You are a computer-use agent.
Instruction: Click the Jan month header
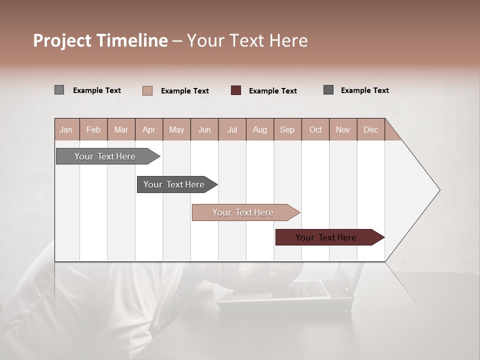[66, 129]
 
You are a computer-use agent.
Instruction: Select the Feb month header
[93, 129]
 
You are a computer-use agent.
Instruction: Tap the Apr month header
[148, 129]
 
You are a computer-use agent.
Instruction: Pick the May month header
[176, 129]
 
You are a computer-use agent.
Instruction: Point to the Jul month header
[232, 129]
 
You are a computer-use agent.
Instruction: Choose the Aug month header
[259, 129]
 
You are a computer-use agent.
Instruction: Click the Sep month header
[287, 129]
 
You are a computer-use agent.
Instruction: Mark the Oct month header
[315, 129]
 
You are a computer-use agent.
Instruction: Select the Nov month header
[342, 129]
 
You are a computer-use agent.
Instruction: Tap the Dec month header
[370, 129]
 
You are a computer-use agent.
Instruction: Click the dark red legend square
[236, 90]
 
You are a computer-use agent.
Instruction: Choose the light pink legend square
[147, 90]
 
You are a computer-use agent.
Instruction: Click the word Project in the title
[62, 40]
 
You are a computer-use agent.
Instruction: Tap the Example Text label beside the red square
[272, 91]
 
